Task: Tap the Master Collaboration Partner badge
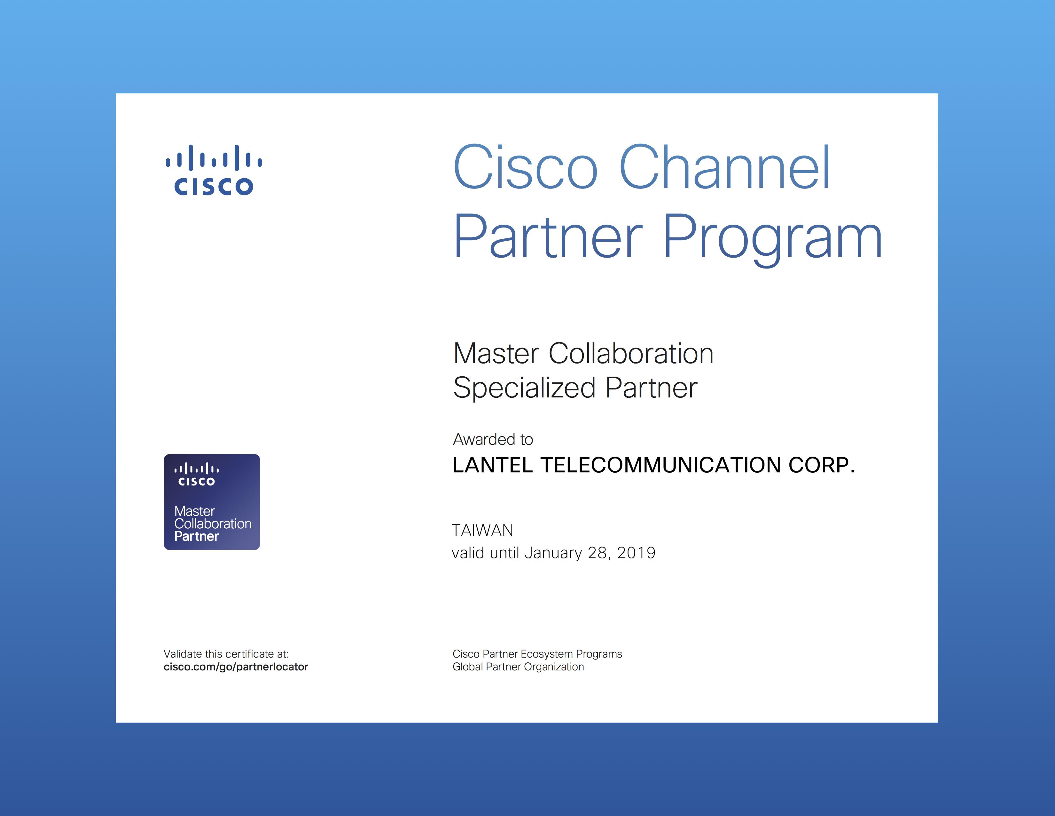(x=212, y=502)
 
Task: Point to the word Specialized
(x=524, y=388)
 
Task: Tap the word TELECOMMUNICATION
(x=660, y=465)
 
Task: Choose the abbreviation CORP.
(x=822, y=465)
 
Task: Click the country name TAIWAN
(x=482, y=530)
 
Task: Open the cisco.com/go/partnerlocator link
(x=236, y=667)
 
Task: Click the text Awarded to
(x=493, y=439)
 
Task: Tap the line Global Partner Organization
(x=518, y=667)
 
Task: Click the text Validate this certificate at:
(x=226, y=654)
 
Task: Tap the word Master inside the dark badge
(x=195, y=511)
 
